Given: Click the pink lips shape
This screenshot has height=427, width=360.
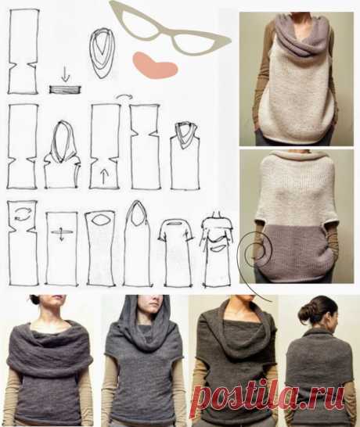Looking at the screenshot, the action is click(154, 66).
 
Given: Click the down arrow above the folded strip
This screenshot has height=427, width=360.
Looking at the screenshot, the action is click(66, 75).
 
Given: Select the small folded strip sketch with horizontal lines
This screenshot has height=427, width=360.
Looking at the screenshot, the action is click(66, 89).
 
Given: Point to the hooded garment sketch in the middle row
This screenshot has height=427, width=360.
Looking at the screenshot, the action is click(62, 155).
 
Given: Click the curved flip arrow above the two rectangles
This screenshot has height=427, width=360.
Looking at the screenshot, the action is click(124, 96).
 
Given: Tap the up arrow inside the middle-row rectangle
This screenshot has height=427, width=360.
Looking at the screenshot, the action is click(103, 177).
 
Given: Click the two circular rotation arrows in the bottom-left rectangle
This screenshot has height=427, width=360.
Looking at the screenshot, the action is click(22, 214).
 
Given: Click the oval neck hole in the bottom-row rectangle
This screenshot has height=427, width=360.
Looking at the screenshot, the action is click(99, 221).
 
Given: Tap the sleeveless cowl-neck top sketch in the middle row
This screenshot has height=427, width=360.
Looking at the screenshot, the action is click(185, 155).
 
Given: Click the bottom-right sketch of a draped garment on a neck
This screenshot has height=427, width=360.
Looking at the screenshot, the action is click(217, 249).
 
